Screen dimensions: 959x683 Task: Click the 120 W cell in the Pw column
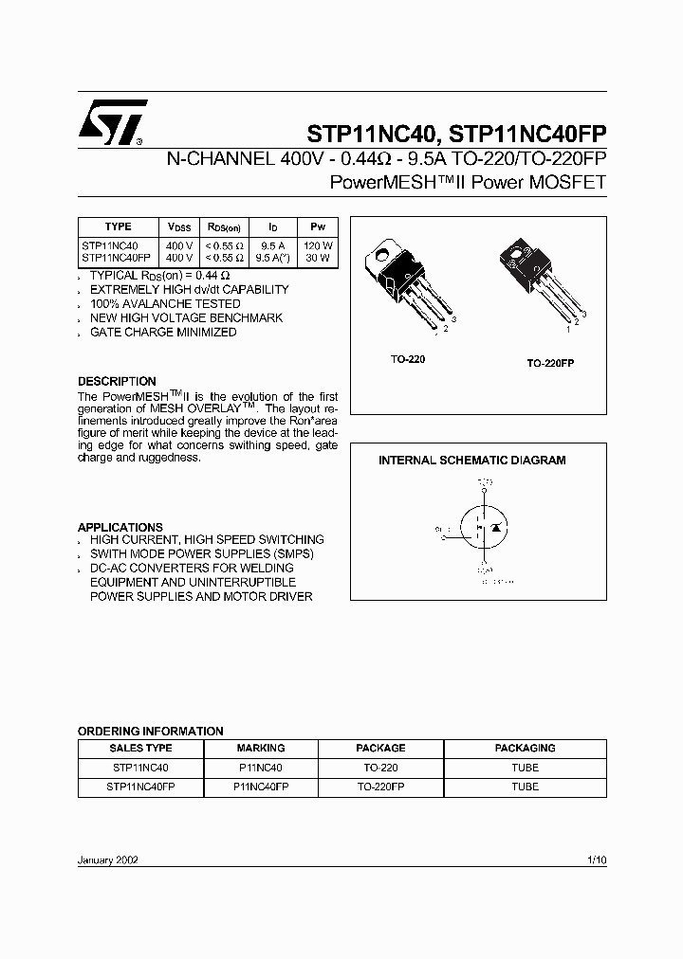(318, 244)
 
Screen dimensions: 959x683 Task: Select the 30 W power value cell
(318, 257)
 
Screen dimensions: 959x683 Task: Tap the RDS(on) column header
(225, 227)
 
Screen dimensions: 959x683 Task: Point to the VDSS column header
(178, 227)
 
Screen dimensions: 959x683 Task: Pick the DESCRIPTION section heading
(117, 382)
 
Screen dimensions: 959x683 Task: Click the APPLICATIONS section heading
(120, 527)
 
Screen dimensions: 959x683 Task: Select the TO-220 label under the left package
(409, 360)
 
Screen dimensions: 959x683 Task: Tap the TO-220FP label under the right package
(551, 364)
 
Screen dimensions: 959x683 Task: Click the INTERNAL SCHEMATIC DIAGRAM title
(471, 461)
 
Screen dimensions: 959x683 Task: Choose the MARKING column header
(260, 748)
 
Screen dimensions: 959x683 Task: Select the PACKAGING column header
(525, 748)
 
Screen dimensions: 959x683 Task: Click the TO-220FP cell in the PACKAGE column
(380, 787)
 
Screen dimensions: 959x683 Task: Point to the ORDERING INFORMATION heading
(150, 731)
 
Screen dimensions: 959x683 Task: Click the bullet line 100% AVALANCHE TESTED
(165, 304)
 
